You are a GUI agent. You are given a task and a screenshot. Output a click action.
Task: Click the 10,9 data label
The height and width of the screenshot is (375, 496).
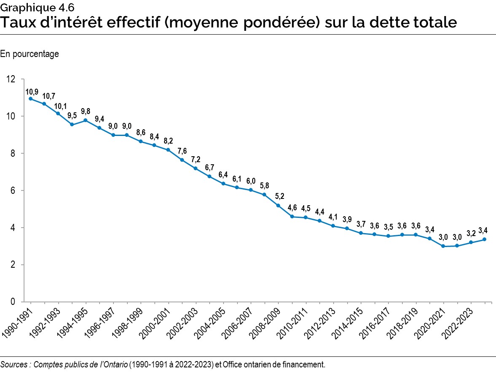(x=32, y=92)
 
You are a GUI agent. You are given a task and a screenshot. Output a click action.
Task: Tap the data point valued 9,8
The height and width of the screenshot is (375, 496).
(x=86, y=120)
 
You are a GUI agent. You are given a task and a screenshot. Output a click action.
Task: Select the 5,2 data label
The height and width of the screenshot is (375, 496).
(x=279, y=196)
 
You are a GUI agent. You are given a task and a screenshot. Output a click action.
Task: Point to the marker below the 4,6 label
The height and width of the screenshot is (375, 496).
(x=292, y=217)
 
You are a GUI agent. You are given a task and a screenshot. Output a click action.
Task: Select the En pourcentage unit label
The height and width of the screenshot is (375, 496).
(x=30, y=54)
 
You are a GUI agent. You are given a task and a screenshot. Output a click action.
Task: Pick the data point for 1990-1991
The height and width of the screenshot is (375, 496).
(x=31, y=99)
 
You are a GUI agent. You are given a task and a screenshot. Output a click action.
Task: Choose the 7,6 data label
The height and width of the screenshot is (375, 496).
(x=182, y=151)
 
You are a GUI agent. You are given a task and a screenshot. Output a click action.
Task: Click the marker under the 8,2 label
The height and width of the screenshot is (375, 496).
(x=168, y=150)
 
